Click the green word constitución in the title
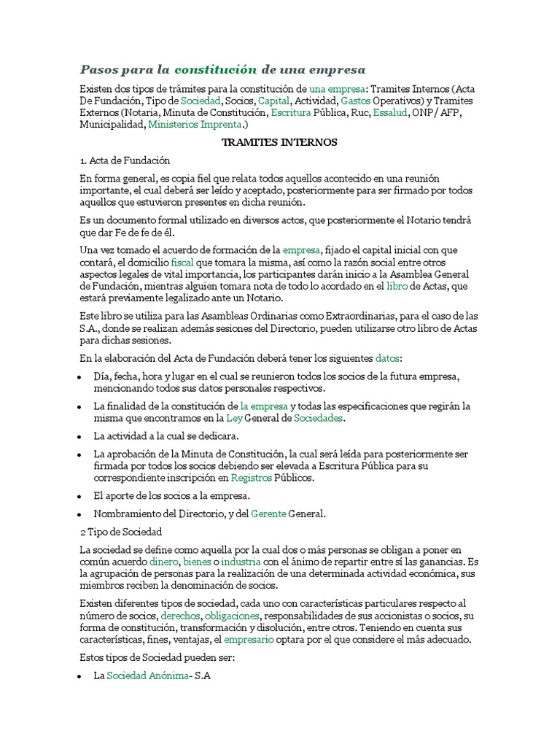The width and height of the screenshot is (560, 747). coord(216,69)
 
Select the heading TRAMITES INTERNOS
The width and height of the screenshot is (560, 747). coord(279,142)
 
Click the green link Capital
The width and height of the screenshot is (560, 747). coord(274,101)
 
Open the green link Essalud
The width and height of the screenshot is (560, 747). coord(389,113)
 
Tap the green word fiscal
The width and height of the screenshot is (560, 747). coord(182,261)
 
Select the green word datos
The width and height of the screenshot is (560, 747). coord(388,358)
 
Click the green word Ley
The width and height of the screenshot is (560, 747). coord(233,418)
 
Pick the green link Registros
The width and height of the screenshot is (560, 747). coord(251,478)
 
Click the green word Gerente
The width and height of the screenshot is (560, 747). coord(268,514)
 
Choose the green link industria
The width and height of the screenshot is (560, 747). coord(241,562)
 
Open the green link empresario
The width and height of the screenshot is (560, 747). coord(249,640)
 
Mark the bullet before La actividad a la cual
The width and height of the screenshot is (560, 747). coord(79,437)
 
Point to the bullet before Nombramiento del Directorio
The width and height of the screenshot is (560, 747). coord(79,514)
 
